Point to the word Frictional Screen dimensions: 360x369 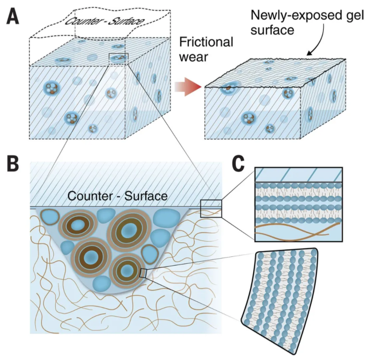206,42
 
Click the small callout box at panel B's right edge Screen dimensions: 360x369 211,208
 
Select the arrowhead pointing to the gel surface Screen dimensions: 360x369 310,54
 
